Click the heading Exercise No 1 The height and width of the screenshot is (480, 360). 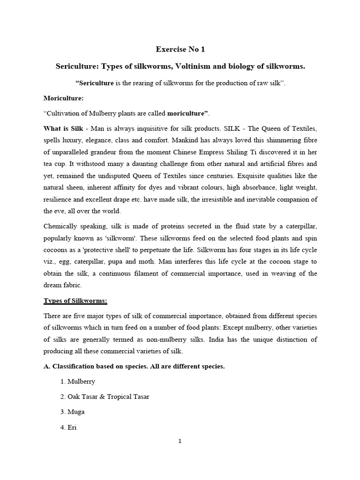[180, 50]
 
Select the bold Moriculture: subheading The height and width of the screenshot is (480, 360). [63, 98]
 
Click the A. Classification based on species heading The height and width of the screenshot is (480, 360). [134, 366]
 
